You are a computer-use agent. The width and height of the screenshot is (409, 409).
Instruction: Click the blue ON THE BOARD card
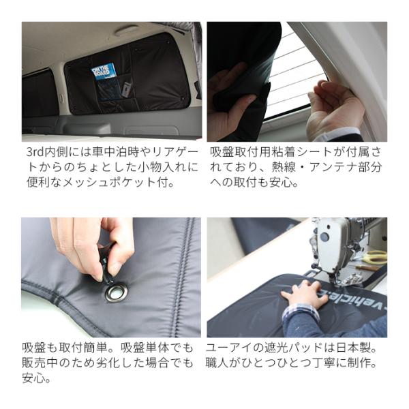[x=104, y=70]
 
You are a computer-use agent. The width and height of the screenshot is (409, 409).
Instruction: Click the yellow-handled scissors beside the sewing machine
[x=374, y=257]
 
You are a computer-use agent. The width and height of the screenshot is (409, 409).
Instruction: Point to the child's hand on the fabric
[x=305, y=294]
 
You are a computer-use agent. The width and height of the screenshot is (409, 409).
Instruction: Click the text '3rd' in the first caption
[x=35, y=152]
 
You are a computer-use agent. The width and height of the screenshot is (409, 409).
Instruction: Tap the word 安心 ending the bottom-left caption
[x=33, y=378]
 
